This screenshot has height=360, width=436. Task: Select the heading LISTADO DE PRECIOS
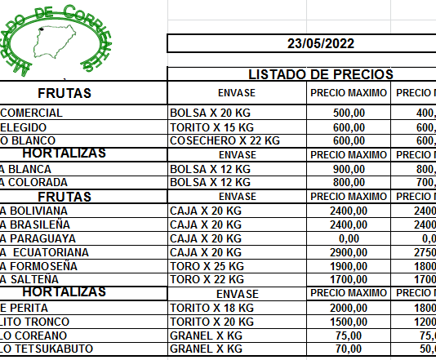click(x=320, y=74)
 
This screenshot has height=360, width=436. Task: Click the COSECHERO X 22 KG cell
click(x=225, y=140)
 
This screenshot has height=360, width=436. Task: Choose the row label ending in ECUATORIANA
click(x=45, y=252)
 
